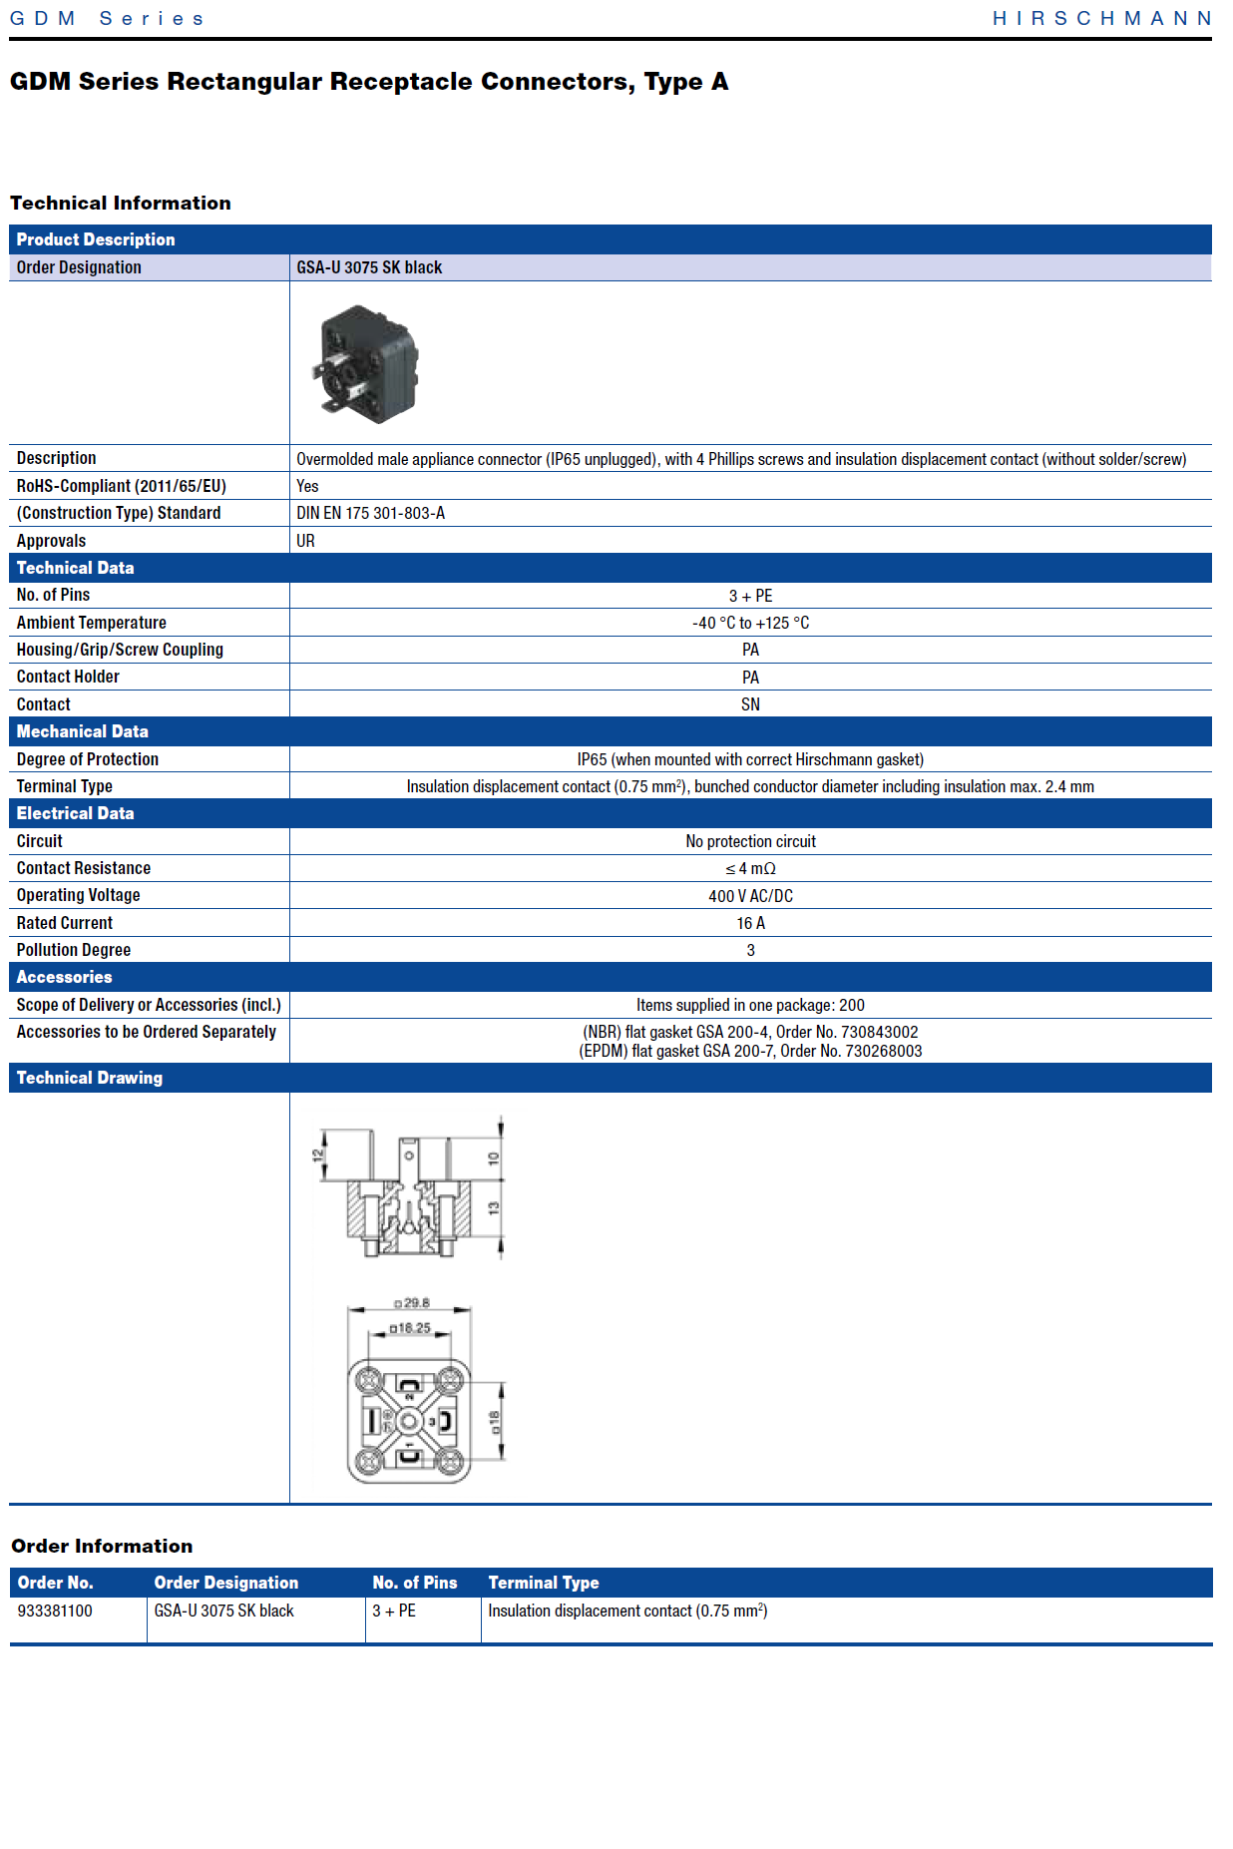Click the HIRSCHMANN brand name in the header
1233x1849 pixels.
[x=1101, y=18]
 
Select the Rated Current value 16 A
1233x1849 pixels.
[x=750, y=923]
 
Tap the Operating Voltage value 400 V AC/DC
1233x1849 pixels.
[x=750, y=896]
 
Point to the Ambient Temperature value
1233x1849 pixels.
[x=750, y=623]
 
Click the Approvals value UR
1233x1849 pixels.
[x=305, y=541]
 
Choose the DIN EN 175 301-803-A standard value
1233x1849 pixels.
[x=370, y=513]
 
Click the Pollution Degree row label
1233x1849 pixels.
[x=74, y=950]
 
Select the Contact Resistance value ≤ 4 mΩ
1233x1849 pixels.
[x=750, y=868]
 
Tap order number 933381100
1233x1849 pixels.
[x=55, y=1611]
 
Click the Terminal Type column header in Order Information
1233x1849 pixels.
[x=544, y=1583]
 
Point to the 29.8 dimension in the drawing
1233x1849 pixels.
[x=412, y=1303]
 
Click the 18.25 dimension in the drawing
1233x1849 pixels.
[x=410, y=1328]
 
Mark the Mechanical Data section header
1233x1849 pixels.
[x=83, y=731]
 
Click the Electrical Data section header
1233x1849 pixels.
[x=76, y=813]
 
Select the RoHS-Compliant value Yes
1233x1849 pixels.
[x=307, y=486]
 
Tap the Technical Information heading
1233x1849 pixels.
[x=121, y=203]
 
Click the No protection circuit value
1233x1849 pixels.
[x=750, y=841]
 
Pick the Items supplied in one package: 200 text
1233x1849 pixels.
[x=750, y=1005]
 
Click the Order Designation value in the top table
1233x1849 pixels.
[x=369, y=267]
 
